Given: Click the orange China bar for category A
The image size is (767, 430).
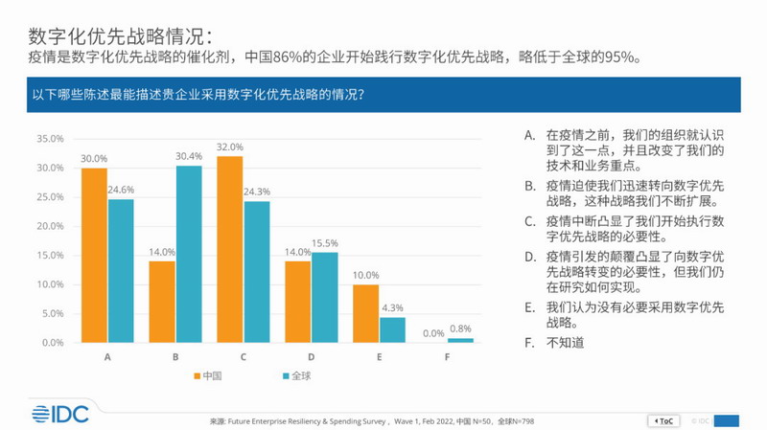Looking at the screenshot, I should (94, 255).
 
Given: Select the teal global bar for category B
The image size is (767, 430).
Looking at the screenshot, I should (189, 254).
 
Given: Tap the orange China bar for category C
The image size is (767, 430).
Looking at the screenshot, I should (230, 249).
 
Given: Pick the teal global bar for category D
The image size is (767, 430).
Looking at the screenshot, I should (325, 297).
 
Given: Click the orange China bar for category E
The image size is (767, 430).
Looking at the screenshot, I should (366, 313).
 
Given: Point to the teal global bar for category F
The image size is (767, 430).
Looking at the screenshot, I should (461, 340).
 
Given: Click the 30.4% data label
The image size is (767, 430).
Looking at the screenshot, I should (189, 156).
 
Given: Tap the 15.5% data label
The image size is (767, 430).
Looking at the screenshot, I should (326, 243).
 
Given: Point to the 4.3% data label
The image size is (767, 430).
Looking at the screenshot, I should (394, 308).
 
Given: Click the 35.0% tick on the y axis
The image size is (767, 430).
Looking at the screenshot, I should (50, 139).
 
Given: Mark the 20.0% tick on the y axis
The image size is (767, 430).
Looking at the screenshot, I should (50, 226).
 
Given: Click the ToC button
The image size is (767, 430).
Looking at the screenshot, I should (664, 419).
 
